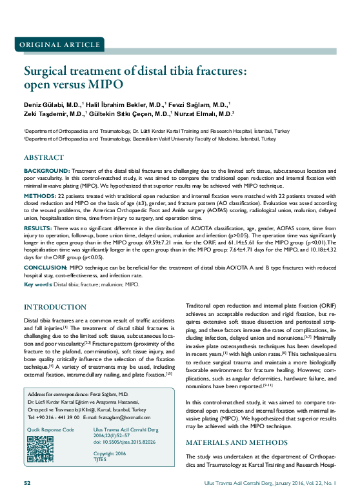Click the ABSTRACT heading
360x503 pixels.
44,157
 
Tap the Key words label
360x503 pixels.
38,284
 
